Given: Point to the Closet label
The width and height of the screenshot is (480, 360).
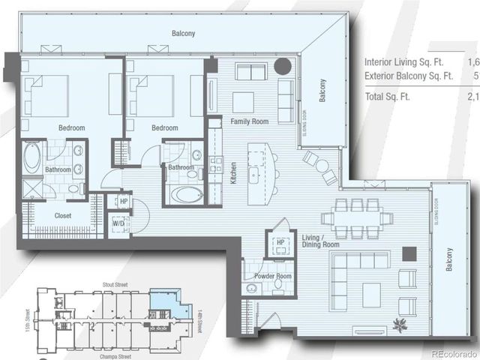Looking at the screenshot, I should [63, 216].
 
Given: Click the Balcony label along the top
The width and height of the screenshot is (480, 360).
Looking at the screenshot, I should [182, 33].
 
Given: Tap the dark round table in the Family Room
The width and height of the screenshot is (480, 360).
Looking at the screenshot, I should [282, 66].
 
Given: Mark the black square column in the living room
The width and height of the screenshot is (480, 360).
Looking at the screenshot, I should [409, 253].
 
